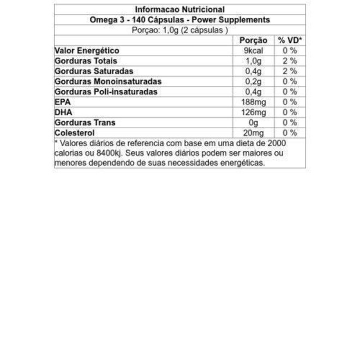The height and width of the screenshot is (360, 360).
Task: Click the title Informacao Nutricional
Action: click(179, 9)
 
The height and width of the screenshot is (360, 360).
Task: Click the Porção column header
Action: click(254, 40)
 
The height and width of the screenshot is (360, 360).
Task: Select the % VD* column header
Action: click(290, 40)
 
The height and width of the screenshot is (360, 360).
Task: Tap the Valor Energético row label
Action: click(87, 51)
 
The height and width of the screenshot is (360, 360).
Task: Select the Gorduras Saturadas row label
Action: click(94, 71)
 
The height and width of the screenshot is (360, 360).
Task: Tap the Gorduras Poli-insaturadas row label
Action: click(106, 92)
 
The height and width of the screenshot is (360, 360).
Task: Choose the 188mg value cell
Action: click(254, 102)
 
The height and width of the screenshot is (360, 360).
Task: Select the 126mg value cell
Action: click(254, 112)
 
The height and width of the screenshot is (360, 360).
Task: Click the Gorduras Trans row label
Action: click(85, 123)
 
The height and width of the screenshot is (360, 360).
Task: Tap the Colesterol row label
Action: click(75, 133)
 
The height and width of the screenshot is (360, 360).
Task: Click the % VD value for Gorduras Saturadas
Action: click(290, 71)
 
